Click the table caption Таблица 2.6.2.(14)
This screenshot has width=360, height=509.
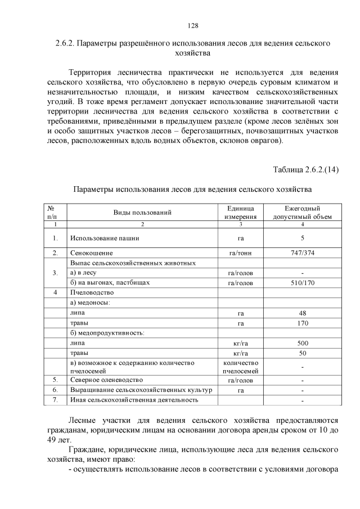tap(305, 170)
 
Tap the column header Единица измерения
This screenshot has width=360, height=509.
tap(241, 212)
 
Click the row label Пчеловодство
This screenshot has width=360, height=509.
tap(92, 292)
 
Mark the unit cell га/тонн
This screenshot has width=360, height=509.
tap(241, 253)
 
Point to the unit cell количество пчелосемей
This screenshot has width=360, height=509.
tap(241, 367)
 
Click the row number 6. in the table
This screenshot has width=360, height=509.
tap(55, 390)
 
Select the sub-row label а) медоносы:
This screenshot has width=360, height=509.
tap(91, 303)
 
